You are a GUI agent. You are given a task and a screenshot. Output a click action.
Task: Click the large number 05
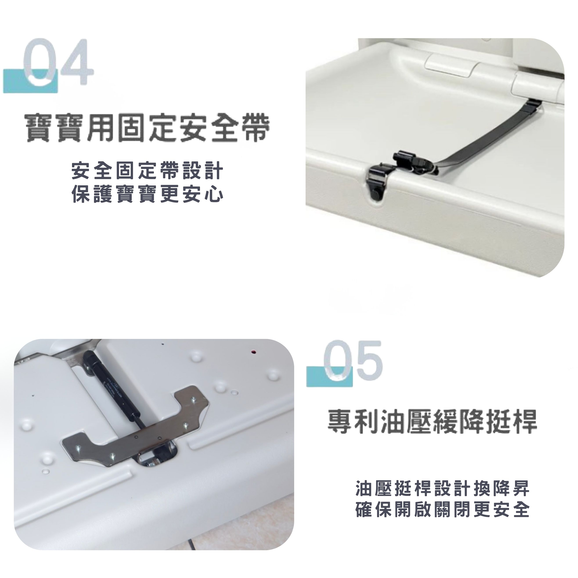tap(354, 362)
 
